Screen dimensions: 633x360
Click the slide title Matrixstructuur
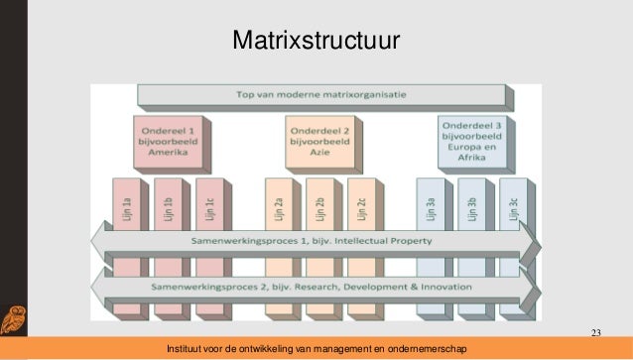(x=316, y=41)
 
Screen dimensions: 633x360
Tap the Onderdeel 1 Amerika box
(x=170, y=141)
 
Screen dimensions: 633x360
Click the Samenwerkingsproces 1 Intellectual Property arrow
(x=316, y=241)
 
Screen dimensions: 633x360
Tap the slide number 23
(x=595, y=331)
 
